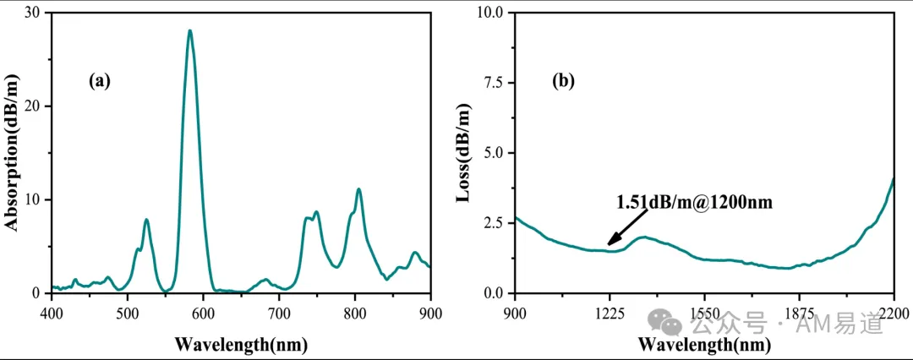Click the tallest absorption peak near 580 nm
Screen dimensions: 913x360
click(x=190, y=31)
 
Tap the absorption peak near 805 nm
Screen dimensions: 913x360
click(x=358, y=189)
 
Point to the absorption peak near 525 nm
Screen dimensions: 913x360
click(x=147, y=221)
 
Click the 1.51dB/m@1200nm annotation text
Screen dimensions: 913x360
click(x=694, y=202)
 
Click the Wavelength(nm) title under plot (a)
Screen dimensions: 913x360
click(x=241, y=344)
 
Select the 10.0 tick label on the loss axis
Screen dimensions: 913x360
click(x=489, y=13)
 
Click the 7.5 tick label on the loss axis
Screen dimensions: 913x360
click(x=494, y=83)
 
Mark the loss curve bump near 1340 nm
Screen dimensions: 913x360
click(x=642, y=237)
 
